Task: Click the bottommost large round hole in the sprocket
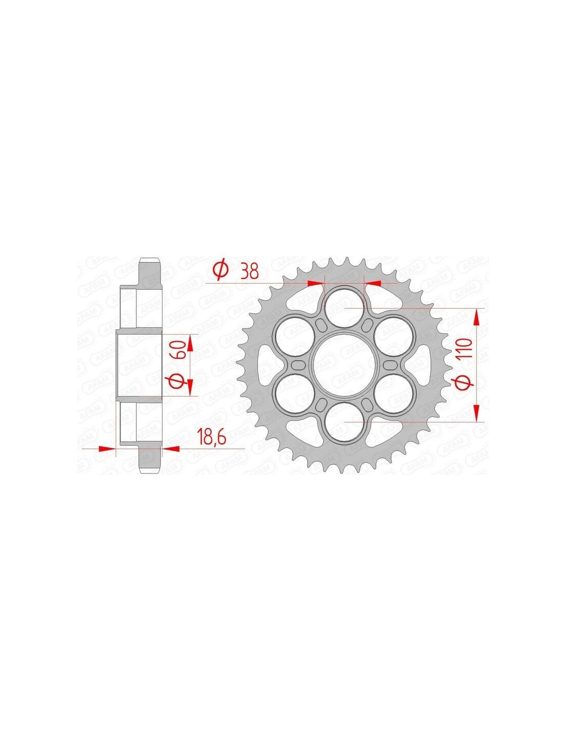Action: pyautogui.click(x=344, y=422)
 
